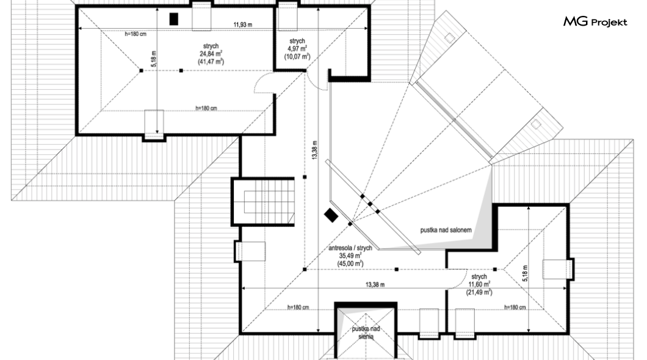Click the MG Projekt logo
click(595, 21)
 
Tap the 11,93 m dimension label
click(243, 25)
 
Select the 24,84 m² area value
click(211, 54)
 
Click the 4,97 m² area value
click(297, 49)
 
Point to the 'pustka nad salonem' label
click(446, 230)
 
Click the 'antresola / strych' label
click(350, 248)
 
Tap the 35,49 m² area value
click(350, 256)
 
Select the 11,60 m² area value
click(479, 284)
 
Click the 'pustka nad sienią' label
click(366, 333)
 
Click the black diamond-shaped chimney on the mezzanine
click(331, 215)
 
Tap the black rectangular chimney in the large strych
click(174, 19)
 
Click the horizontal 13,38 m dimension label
click(375, 284)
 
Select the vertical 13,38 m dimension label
click(314, 150)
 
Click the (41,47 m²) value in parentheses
click(211, 62)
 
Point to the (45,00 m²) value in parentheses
click(350, 264)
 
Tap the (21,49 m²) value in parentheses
click(479, 292)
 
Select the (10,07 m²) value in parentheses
click(297, 57)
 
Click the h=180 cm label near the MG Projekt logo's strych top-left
click(136, 34)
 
